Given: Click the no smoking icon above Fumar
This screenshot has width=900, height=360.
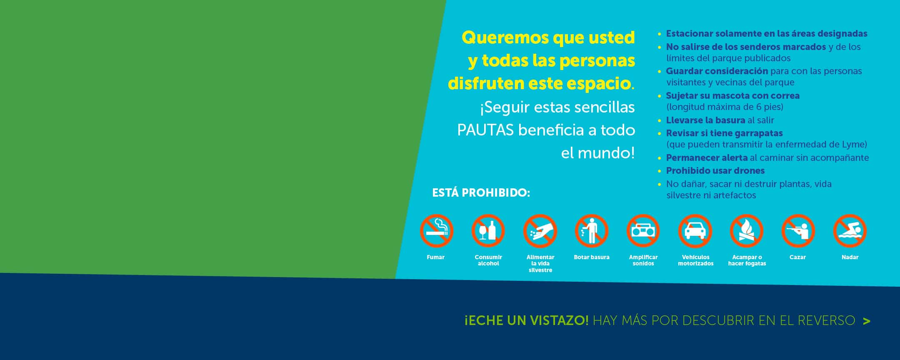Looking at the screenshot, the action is pyautogui.click(x=436, y=231).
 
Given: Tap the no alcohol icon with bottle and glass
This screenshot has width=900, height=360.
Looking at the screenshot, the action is pyautogui.click(x=488, y=231).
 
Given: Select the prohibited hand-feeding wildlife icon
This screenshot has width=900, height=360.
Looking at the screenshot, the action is pyautogui.click(x=540, y=231).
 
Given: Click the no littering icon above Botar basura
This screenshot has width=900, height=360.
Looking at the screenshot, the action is pyautogui.click(x=592, y=231).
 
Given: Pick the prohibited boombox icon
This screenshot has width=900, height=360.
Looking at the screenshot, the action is pyautogui.click(x=643, y=231).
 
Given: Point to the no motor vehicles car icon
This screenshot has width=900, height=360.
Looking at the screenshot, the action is pyautogui.click(x=695, y=231).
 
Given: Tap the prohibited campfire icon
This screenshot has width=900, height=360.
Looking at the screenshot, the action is pyautogui.click(x=747, y=231).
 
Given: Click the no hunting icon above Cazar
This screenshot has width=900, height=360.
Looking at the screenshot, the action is pyautogui.click(x=798, y=231).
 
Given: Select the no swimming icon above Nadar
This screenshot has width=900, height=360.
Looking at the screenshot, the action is pyautogui.click(x=850, y=231).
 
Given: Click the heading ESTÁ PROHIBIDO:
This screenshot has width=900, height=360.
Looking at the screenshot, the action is pyautogui.click(x=481, y=193).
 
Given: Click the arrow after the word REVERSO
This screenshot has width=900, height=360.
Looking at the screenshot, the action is pyautogui.click(x=867, y=321).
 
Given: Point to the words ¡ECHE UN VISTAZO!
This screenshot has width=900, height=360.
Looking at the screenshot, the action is pyautogui.click(x=527, y=320).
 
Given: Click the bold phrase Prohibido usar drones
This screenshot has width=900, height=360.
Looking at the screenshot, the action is pyautogui.click(x=715, y=171).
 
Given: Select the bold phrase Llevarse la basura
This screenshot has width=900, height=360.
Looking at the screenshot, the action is pyautogui.click(x=705, y=120).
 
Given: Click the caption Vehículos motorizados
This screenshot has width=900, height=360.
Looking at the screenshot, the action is pyautogui.click(x=695, y=260).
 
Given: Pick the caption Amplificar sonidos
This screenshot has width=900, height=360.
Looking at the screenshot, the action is pyautogui.click(x=643, y=260).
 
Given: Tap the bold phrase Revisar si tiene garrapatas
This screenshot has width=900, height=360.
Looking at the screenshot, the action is pyautogui.click(x=725, y=133).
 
